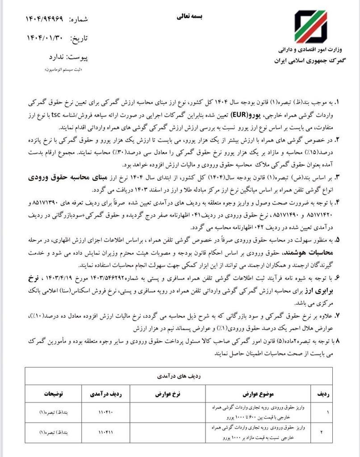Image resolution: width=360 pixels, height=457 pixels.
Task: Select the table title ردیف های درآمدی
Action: click(181, 376)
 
